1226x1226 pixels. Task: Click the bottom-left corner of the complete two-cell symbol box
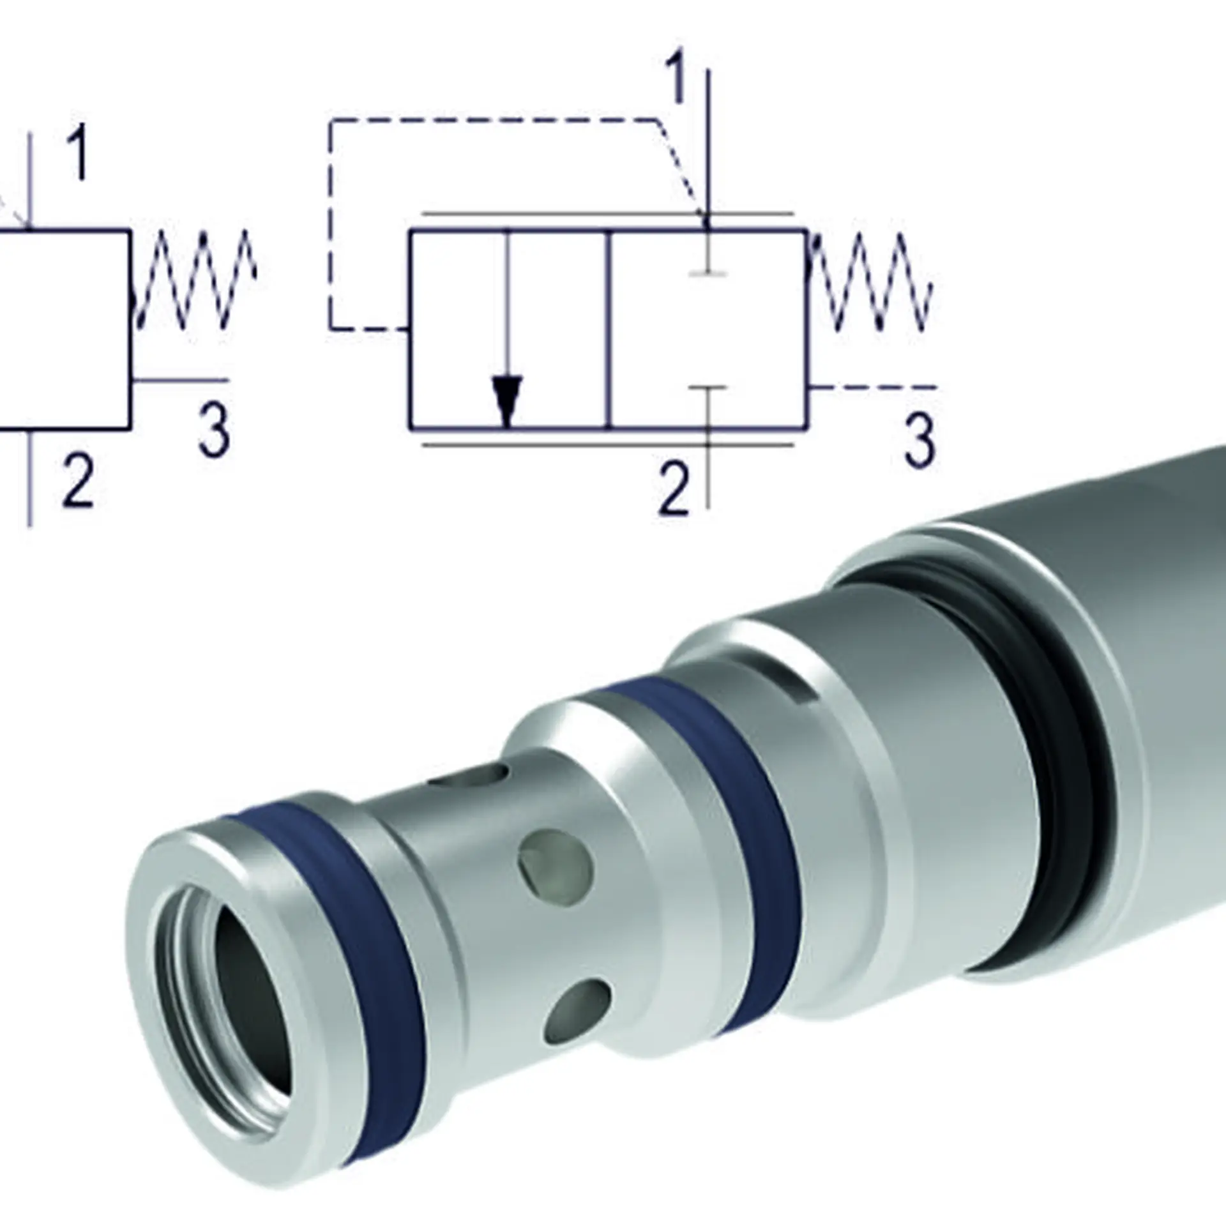(411, 426)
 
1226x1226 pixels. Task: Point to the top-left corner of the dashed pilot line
(331, 119)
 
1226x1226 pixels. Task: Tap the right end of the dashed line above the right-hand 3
(936, 387)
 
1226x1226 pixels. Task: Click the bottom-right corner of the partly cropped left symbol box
(131, 427)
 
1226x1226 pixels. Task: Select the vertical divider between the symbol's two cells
(610, 328)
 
